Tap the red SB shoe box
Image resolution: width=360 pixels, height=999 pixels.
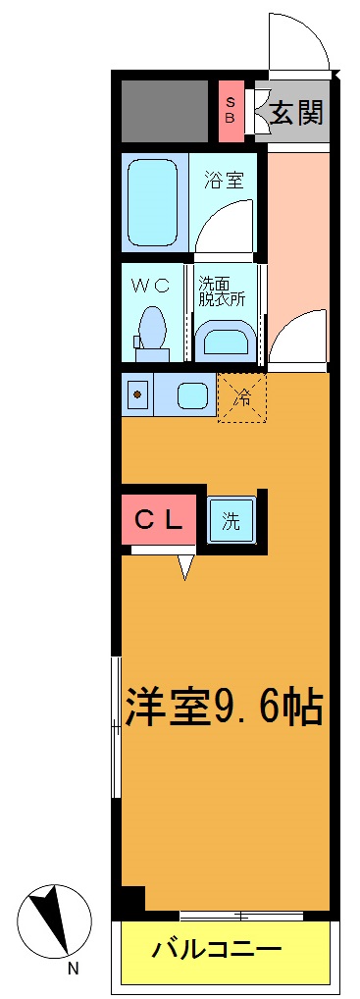tap(231, 110)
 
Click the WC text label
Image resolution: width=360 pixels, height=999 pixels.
tap(152, 286)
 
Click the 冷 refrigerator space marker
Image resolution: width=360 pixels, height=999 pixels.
tap(241, 397)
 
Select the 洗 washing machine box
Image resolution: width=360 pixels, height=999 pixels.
tap(231, 521)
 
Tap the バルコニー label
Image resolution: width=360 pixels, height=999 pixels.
tap(217, 950)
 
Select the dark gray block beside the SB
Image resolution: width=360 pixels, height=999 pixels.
tap(165, 110)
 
